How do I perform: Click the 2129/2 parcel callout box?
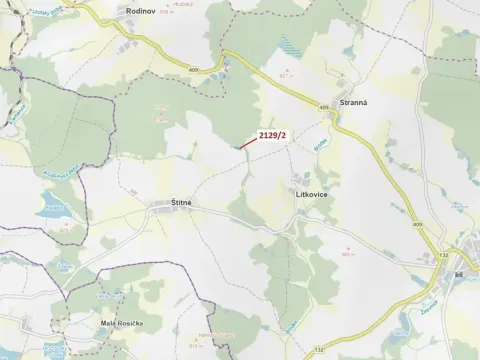pyautogui.click(x=272, y=135)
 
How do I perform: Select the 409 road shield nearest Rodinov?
pyautogui.click(x=192, y=68)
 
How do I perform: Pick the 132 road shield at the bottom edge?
pyautogui.click(x=318, y=349)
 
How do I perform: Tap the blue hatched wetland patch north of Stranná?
pyautogui.click(x=288, y=44)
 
